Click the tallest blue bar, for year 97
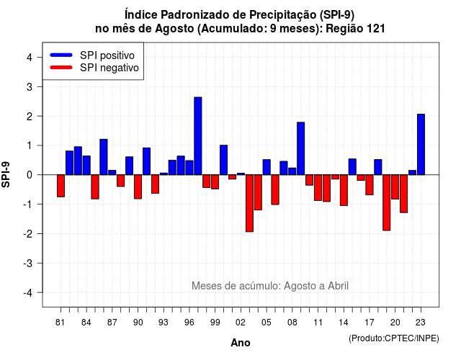[x=198, y=136]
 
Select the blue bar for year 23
[x=421, y=144]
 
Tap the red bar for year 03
[x=249, y=203]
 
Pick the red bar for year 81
[x=61, y=186]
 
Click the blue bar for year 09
[x=301, y=148]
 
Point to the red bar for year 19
[x=387, y=203]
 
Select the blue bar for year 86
[x=104, y=157]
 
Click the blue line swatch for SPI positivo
[x=61, y=55]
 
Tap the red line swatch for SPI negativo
[x=61, y=67]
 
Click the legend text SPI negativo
[x=109, y=68]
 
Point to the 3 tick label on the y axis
[x=30, y=86]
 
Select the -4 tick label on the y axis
[x=28, y=293]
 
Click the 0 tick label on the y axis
[x=30, y=175]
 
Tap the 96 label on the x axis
[x=189, y=323]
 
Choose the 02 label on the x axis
[x=241, y=323]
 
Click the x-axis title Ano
[x=241, y=343]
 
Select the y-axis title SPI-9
[x=6, y=174]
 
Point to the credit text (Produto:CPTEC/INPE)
[x=394, y=338]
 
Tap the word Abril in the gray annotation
[x=338, y=286]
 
